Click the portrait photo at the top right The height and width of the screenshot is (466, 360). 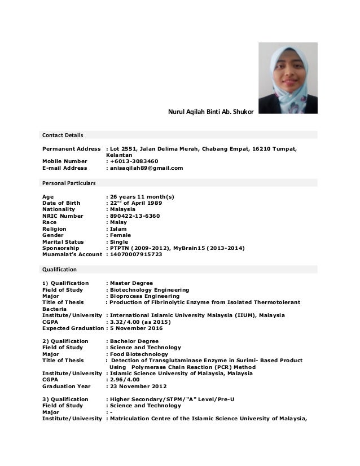(288, 78)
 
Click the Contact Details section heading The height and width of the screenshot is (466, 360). (63, 135)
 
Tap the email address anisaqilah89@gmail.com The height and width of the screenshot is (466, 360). (147, 168)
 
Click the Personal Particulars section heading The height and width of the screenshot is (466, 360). (69, 183)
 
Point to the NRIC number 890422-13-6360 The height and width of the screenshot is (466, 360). (135, 216)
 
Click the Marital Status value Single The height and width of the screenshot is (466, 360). (119, 242)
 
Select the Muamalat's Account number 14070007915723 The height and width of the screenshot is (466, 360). (136, 254)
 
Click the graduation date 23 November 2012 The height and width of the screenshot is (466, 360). (139, 386)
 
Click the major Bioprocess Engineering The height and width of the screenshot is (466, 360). (145, 296)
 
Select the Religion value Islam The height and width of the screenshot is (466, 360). (117, 229)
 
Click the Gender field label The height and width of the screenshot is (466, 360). (55, 235)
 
